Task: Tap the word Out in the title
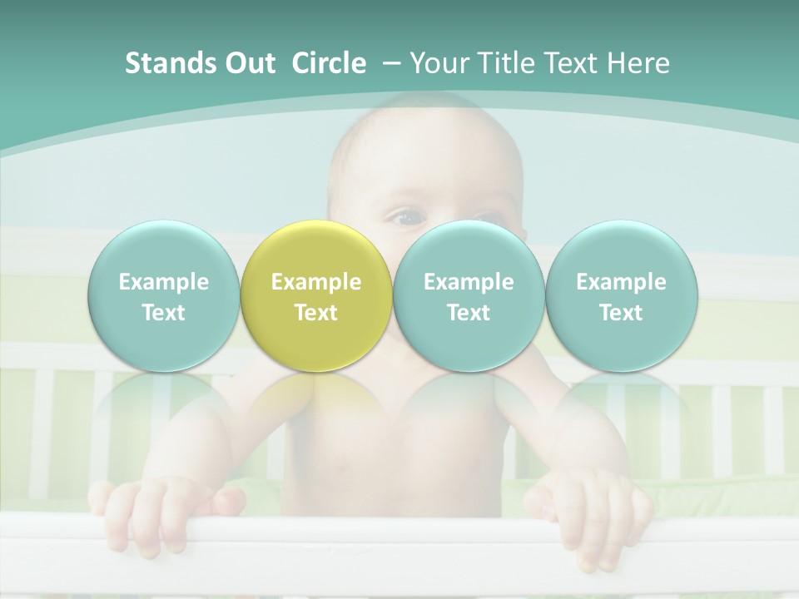(247, 63)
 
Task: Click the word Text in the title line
(574, 63)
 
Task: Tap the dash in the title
(389, 63)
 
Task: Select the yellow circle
(316, 296)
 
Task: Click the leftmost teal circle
(164, 296)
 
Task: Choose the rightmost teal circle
(621, 296)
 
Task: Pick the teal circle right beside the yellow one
(469, 296)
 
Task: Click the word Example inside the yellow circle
(316, 282)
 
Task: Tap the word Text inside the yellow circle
(316, 313)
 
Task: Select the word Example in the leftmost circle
(164, 282)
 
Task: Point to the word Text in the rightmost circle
(621, 313)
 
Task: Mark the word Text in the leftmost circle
(164, 313)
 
